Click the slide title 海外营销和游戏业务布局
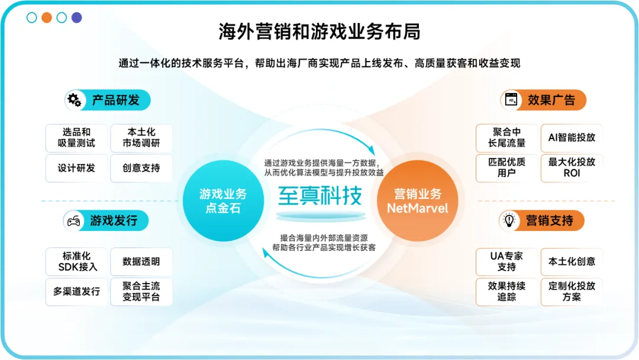point(319,32)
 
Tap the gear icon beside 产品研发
point(75,100)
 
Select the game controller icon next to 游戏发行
point(73,221)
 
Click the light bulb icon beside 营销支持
point(509,221)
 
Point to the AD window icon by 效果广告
point(511,100)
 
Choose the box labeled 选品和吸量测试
point(76,138)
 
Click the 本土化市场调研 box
point(141,138)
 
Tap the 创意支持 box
point(141,168)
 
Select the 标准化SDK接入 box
point(77,262)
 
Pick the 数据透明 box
point(141,262)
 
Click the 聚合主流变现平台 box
point(141,291)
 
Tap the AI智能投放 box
point(572,138)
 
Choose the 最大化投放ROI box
point(572,168)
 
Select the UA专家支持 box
point(506,262)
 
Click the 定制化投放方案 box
point(572,291)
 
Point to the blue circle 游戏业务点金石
point(223,201)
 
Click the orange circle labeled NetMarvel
point(417,201)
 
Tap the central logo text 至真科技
point(319,195)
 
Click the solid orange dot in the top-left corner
point(47,17)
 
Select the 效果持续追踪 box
point(506,291)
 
